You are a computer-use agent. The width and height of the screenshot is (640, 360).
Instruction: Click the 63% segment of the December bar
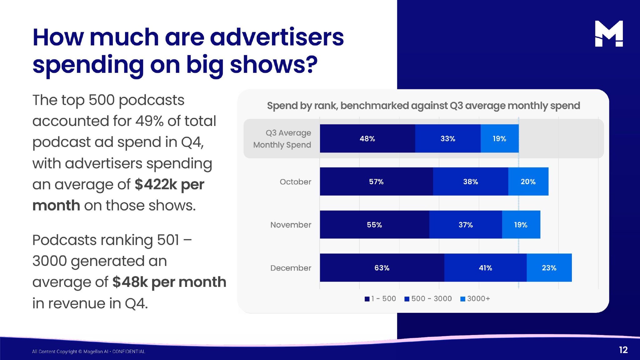(x=382, y=268)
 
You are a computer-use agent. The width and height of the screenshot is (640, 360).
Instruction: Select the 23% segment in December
(x=549, y=268)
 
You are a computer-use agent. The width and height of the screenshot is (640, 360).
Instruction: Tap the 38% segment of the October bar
(x=470, y=182)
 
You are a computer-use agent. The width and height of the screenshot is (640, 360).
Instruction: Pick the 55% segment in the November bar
(x=374, y=225)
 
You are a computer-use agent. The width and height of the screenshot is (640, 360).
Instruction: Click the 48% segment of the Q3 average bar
(x=367, y=138)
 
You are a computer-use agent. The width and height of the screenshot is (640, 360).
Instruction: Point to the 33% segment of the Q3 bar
(x=448, y=138)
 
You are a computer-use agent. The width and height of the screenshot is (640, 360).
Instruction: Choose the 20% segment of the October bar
(x=528, y=182)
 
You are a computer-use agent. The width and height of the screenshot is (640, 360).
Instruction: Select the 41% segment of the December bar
(x=485, y=268)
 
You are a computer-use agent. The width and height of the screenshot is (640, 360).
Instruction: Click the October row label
(x=295, y=182)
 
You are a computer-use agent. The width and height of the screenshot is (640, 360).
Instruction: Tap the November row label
(x=291, y=225)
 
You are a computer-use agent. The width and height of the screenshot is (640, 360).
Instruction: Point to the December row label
(x=291, y=268)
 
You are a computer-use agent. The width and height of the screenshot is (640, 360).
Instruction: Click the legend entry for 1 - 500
(x=380, y=299)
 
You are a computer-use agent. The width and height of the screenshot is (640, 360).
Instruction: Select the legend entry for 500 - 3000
(x=428, y=299)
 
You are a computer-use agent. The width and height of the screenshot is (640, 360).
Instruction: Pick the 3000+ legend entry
(x=475, y=299)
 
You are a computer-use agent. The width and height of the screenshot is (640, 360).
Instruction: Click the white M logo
(x=609, y=34)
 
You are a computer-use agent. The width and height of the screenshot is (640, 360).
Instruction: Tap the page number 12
(x=623, y=350)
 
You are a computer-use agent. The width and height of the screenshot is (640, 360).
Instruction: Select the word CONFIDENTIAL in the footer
(x=129, y=352)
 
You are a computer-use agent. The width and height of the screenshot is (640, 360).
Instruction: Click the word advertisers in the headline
(x=277, y=37)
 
